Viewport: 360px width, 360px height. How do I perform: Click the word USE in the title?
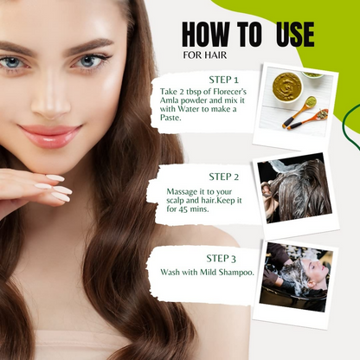[295, 35]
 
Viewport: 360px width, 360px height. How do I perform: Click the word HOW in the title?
[206, 35]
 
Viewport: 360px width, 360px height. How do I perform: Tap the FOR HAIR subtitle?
[205, 55]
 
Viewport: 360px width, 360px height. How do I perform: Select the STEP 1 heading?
[224, 80]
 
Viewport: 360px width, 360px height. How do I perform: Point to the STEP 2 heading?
[224, 177]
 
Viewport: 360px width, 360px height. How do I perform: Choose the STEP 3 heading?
[222, 259]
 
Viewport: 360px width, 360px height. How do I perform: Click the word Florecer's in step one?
[230, 92]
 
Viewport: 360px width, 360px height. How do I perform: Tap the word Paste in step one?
[170, 118]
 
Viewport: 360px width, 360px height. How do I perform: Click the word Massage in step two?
[179, 192]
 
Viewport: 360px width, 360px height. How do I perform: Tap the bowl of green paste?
[287, 87]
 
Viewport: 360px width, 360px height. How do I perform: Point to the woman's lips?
[50, 135]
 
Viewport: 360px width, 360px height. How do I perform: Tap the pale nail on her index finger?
[55, 178]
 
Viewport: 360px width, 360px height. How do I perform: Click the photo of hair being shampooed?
[295, 277]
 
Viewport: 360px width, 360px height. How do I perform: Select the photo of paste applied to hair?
[294, 188]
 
